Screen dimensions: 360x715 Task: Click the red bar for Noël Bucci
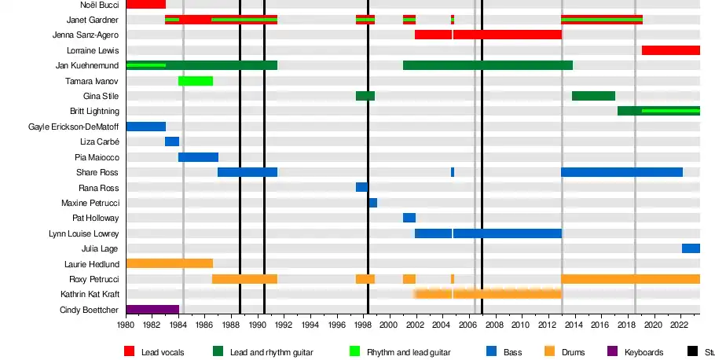[146, 4]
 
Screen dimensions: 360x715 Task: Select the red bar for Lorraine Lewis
[670, 50]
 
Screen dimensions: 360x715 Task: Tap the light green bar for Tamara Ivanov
[196, 81]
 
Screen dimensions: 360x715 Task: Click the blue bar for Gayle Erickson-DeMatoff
[146, 127]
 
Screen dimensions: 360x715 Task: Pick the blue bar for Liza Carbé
[172, 141]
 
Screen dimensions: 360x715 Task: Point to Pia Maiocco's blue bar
[198, 157]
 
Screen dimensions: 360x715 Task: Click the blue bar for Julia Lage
[691, 248]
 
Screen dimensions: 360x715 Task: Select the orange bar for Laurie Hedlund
[170, 263]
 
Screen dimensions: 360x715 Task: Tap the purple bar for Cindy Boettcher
[152, 310]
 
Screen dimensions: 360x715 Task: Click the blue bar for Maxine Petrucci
[373, 203]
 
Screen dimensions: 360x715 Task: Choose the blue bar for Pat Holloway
[409, 218]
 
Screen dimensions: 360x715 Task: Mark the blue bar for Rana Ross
[361, 187]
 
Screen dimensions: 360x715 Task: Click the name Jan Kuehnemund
[88, 65]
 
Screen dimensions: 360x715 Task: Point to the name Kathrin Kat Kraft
[90, 294]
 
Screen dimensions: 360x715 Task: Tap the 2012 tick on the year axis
[547, 325]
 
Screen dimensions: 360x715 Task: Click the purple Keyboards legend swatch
[612, 352]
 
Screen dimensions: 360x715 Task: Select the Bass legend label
[514, 352]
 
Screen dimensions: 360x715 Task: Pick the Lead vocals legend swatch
[129, 352]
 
